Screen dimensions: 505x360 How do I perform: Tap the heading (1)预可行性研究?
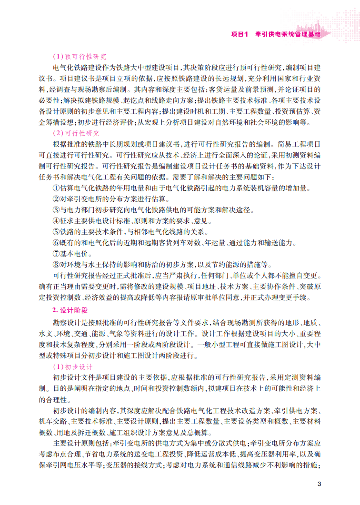coord(80,56)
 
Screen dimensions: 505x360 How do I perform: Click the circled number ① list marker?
coord(56,188)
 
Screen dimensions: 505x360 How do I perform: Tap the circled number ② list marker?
coord(56,199)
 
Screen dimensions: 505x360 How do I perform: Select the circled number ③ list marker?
coord(56,210)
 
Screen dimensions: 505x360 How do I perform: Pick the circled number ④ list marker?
coord(56,221)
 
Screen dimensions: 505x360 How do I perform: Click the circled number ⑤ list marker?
coord(56,232)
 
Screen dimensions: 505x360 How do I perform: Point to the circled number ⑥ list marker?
coord(56,243)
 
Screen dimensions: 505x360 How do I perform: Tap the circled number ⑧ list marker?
coord(56,265)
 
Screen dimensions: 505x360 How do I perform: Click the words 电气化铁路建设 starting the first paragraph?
coord(76,67)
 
